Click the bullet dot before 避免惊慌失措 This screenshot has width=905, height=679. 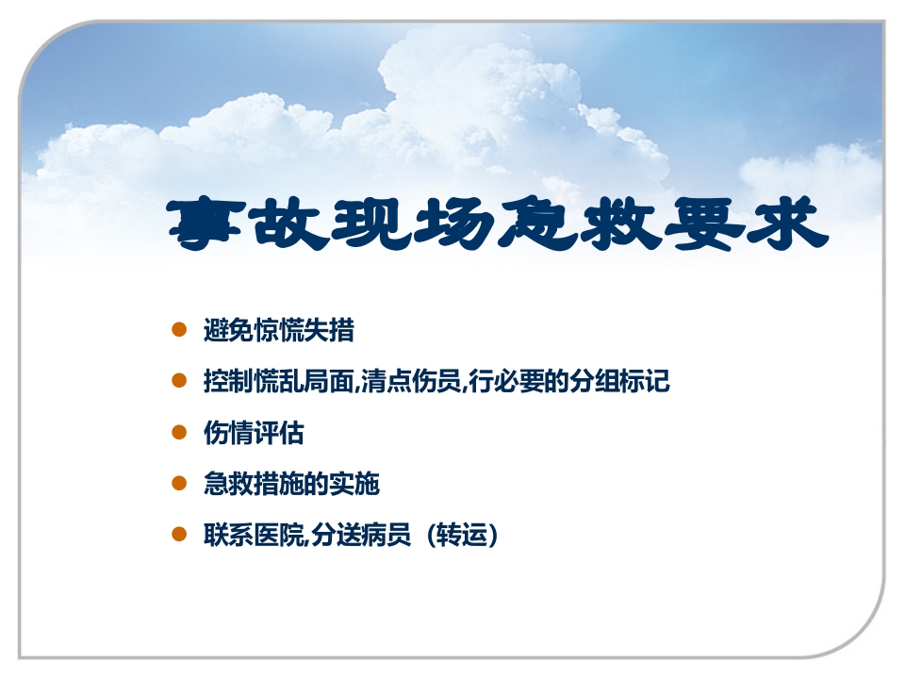178,330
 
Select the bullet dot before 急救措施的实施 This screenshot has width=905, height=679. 178,484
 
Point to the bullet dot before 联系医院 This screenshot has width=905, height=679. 178,535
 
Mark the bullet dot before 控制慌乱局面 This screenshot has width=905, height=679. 178,381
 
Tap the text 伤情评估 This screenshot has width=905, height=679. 254,434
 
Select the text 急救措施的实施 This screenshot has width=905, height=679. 291,485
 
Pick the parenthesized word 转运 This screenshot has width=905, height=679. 461,536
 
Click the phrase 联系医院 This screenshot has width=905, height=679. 254,536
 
